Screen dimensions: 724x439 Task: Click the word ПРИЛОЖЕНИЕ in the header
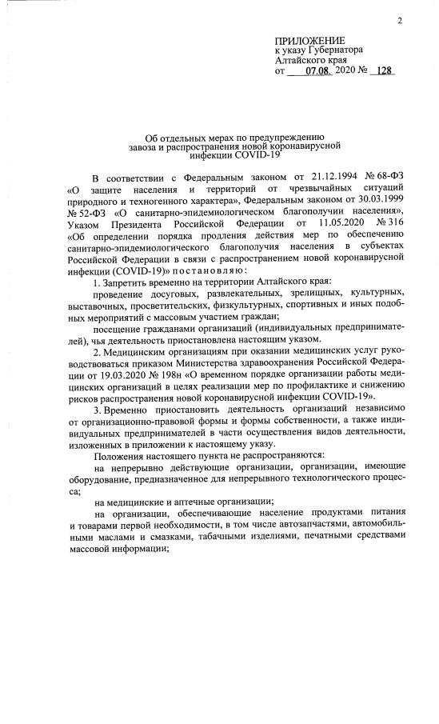[309, 40]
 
